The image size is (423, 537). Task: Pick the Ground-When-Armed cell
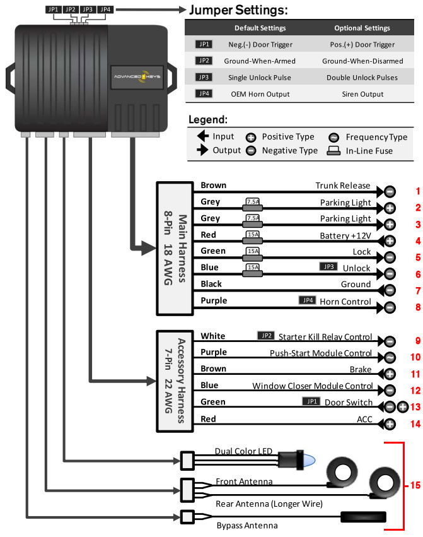pyautogui.click(x=260, y=61)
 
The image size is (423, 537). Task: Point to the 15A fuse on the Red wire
pyautogui.click(x=252, y=235)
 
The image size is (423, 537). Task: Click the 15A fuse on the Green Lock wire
pyautogui.click(x=252, y=252)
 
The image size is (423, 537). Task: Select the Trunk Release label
pyautogui.click(x=344, y=186)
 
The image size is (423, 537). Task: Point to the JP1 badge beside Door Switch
pyautogui.click(x=311, y=401)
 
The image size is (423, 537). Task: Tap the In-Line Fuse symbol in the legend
pyautogui.click(x=334, y=150)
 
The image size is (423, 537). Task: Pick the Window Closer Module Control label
pyautogui.click(x=313, y=386)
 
